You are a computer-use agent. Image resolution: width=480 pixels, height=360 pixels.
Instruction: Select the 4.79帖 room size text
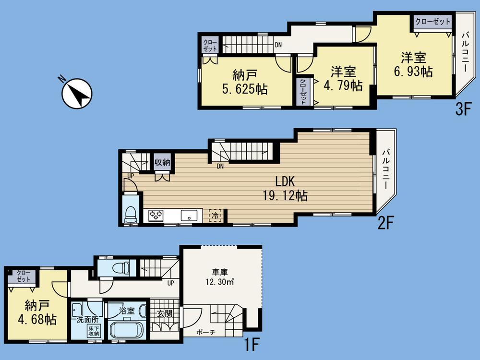click(x=343, y=86)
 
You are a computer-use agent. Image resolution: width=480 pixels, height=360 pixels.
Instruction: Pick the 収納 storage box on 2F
click(x=162, y=162)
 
